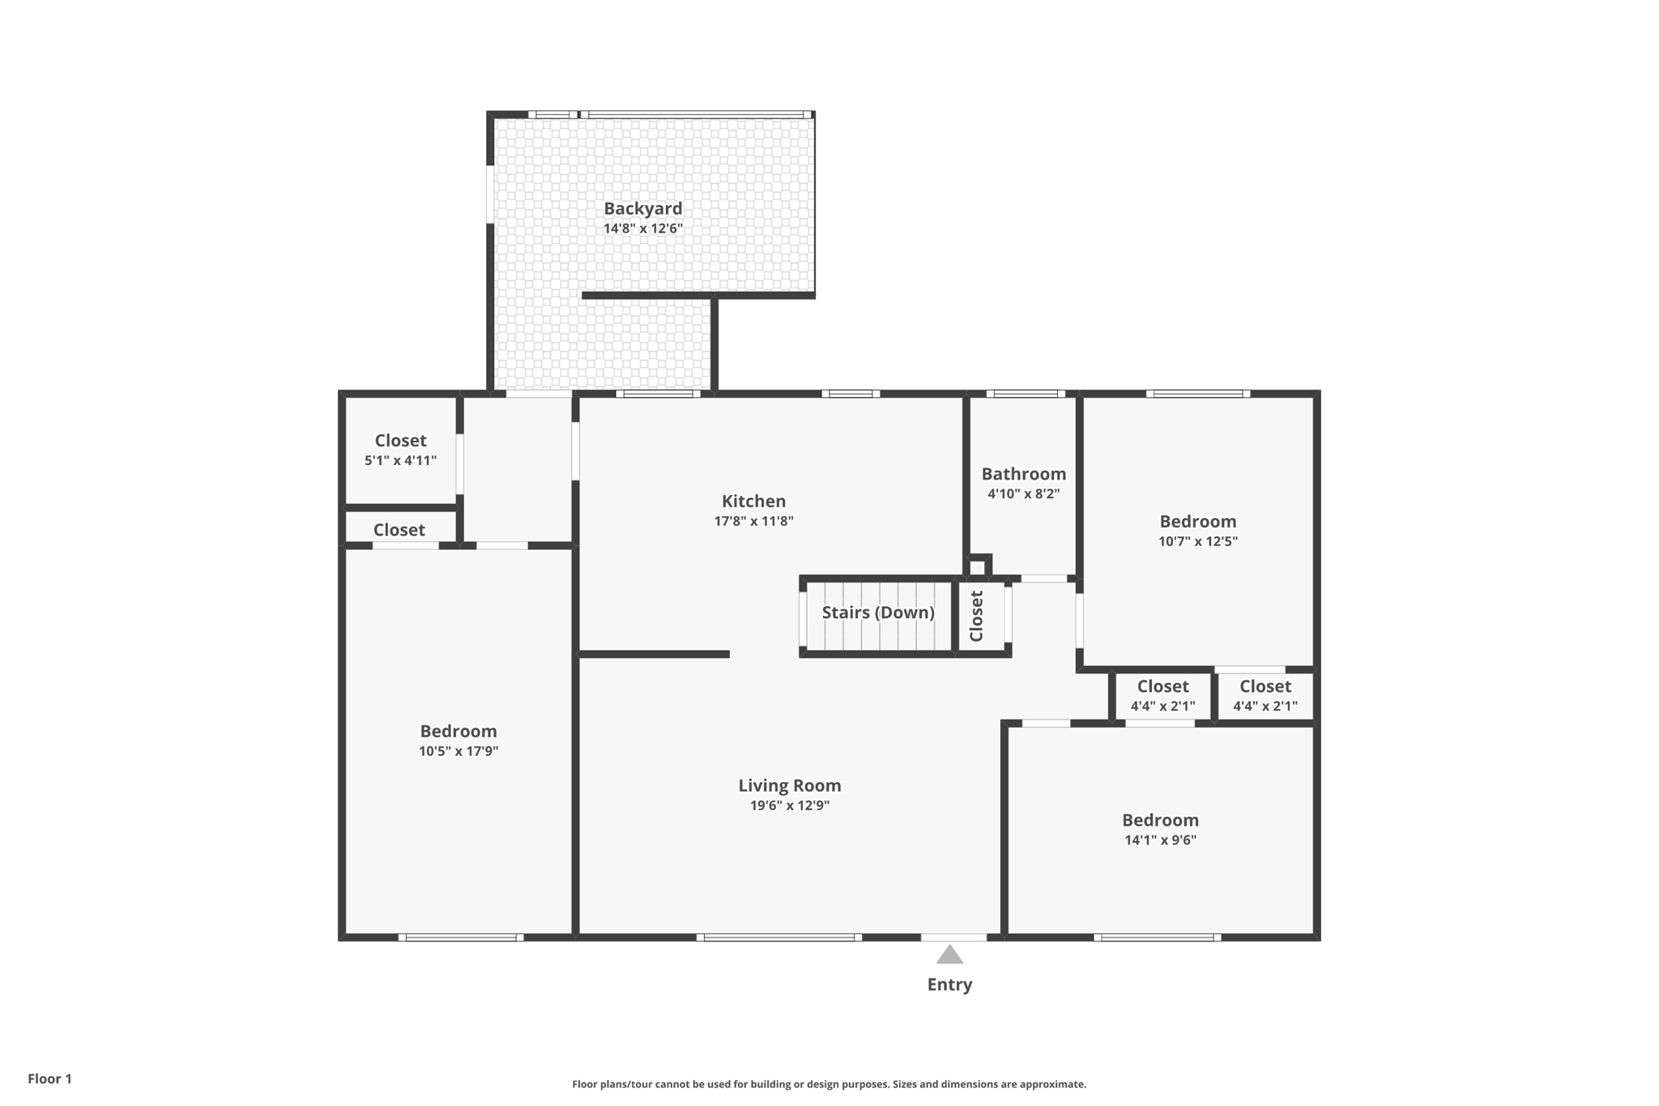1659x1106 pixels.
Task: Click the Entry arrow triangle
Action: [949, 956]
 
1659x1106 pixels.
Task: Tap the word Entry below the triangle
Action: [949, 984]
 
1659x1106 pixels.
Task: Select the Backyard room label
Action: [642, 208]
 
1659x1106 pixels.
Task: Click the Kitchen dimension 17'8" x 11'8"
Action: [753, 521]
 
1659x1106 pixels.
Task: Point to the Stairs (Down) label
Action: [878, 613]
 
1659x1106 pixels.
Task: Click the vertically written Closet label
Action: [976, 616]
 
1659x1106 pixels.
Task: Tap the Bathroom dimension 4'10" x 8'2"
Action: [1023, 493]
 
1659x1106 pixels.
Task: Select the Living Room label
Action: [789, 785]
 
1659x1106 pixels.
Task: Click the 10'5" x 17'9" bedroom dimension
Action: [458, 751]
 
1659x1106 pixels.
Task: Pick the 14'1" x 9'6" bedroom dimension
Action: [1160, 840]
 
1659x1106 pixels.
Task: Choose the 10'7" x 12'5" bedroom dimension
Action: [1197, 541]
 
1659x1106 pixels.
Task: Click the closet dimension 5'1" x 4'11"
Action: [400, 460]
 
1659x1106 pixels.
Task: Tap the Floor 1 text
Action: [49, 1078]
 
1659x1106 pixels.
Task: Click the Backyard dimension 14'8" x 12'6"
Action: [642, 228]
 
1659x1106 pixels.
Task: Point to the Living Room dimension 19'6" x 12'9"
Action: [789, 805]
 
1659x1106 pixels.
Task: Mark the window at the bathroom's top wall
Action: [1026, 394]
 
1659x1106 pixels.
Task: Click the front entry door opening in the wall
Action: [953, 937]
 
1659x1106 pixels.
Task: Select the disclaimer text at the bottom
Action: [829, 1084]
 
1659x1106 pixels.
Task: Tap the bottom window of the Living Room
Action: [778, 937]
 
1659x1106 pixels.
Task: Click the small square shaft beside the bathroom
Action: [978, 566]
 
